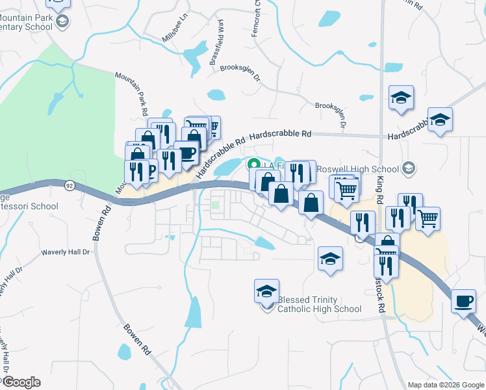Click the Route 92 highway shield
68,185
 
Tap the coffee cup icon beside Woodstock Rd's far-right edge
463,302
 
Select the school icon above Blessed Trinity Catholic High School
266,291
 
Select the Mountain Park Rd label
131,94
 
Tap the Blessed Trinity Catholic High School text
319,304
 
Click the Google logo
21,382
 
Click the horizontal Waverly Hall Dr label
64,252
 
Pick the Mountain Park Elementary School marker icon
62,22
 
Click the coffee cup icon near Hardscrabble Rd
186,153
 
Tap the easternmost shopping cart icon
428,219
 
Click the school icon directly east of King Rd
402,98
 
